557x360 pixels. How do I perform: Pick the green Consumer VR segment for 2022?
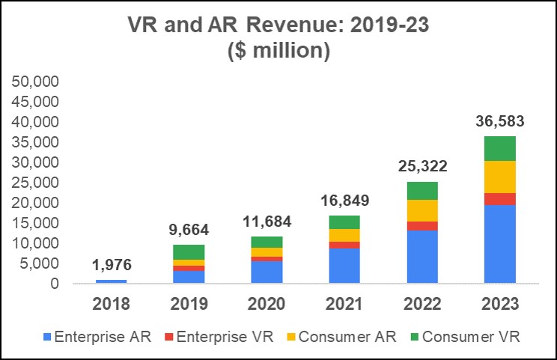422,190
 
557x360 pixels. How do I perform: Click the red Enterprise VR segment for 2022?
422,225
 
